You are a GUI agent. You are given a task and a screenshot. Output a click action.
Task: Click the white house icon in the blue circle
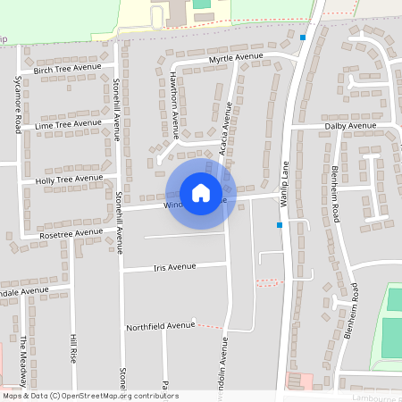201,193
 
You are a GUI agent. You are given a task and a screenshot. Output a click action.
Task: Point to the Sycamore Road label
18,105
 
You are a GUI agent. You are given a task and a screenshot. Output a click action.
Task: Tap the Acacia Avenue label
226,129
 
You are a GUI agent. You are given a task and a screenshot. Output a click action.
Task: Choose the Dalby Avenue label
350,126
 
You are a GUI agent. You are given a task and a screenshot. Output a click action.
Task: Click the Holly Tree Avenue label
69,179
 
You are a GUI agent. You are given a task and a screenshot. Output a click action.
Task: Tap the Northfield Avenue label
160,326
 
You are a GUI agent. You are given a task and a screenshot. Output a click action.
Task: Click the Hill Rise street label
74,348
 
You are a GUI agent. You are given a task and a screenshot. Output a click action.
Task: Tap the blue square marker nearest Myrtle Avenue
304,38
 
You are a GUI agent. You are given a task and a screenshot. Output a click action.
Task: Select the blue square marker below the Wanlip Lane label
280,225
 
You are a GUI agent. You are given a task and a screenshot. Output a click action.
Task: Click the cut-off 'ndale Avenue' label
25,291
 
